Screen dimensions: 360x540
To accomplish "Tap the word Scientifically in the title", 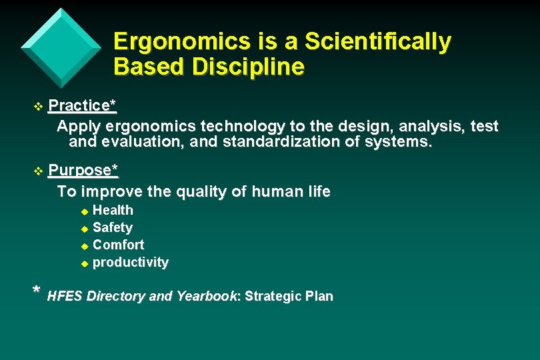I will point(377,42).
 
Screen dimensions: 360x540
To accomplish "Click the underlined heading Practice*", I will point(83,105).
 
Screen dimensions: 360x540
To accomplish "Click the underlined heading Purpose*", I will point(83,170).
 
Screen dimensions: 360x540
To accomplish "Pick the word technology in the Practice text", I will point(242,126).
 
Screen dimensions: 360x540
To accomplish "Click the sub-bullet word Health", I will point(113,210).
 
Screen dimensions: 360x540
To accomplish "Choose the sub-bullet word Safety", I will point(112,227).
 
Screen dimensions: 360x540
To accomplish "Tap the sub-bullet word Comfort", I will point(118,245).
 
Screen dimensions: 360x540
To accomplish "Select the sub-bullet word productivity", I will point(130,262).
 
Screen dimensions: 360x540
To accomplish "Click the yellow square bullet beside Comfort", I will point(84,245).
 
